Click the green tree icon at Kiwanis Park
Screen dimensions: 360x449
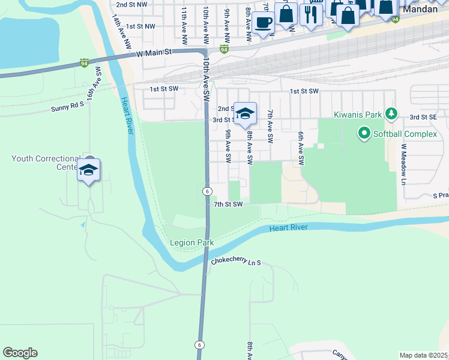(x=391, y=113)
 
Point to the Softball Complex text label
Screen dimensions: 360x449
(x=405, y=134)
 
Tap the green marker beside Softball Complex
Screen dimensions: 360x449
(x=364, y=133)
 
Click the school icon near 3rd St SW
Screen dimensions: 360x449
(x=245, y=113)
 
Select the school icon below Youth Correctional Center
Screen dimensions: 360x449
(x=89, y=170)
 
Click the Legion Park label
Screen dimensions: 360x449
(x=191, y=242)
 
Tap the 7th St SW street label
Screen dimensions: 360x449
(x=228, y=205)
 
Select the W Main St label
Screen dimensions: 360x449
(x=154, y=53)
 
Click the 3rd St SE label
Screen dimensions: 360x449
(x=424, y=118)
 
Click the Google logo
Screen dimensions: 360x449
(x=20, y=353)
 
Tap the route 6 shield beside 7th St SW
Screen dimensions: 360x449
(x=206, y=191)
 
